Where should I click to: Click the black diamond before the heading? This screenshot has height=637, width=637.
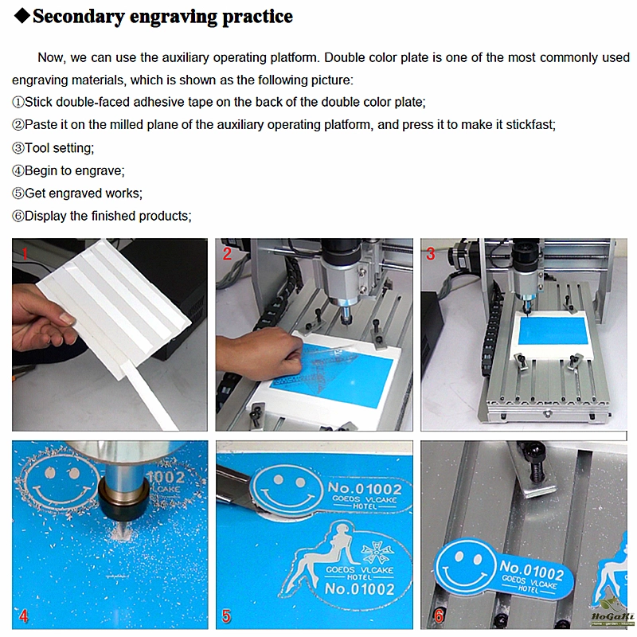[22, 15]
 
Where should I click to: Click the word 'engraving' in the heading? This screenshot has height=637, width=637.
[174, 17]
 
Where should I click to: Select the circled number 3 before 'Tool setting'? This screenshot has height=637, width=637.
[18, 148]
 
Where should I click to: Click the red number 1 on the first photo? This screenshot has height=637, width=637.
[25, 253]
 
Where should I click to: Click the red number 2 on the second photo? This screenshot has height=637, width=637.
[227, 253]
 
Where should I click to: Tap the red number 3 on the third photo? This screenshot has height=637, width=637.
[431, 253]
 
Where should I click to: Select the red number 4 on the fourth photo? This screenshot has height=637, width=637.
[24, 616]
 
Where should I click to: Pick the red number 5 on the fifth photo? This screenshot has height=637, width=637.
[226, 616]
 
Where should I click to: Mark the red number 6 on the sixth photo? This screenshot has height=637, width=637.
[439, 616]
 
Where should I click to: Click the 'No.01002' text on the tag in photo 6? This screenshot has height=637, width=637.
[532, 569]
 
